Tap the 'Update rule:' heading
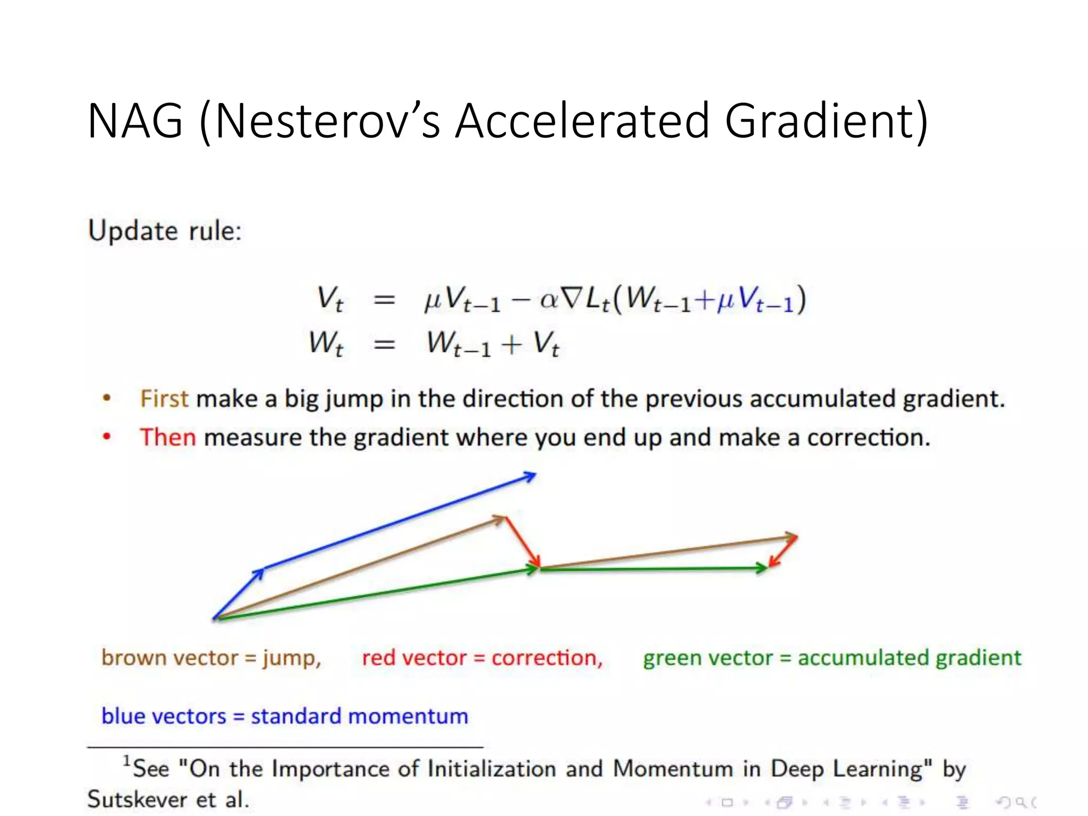point(165,231)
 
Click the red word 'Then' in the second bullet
point(168,437)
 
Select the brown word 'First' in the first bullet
point(164,398)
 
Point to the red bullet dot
point(107,437)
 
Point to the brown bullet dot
point(107,398)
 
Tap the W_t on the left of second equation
point(326,343)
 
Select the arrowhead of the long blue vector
point(530,476)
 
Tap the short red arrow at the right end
point(783,552)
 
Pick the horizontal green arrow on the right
point(653,568)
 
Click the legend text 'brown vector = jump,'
point(211,658)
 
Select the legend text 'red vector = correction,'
point(482,658)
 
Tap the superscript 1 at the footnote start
point(126,761)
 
